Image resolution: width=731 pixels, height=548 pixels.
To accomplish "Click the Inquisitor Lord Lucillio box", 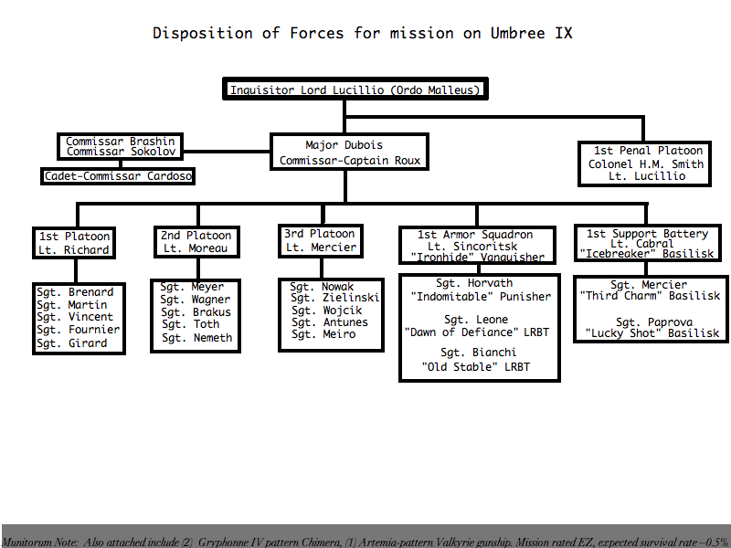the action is [355, 89].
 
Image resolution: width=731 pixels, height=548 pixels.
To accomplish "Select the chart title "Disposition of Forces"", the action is [248, 33].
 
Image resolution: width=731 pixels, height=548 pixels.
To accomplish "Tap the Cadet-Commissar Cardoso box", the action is [118, 176].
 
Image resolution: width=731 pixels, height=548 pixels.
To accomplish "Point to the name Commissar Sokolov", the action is [122, 152].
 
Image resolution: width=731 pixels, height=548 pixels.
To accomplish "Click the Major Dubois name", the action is [344, 145].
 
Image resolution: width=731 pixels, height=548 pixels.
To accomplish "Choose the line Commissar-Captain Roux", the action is [350, 161].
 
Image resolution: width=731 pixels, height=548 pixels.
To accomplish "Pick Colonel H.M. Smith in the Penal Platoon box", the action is [646, 164].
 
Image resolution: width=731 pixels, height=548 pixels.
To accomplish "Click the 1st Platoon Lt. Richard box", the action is [74, 243].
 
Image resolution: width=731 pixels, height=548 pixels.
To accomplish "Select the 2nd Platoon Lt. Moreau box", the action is [196, 242].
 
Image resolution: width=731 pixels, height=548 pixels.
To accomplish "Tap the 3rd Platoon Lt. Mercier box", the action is [321, 241].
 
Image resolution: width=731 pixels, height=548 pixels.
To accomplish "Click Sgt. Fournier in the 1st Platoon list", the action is [79, 330].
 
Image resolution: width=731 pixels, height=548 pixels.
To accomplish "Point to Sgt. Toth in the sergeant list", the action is [191, 324].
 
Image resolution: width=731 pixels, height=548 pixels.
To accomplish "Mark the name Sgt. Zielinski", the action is [335, 298].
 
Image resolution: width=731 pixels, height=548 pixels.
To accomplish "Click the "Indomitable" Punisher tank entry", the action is [481, 296].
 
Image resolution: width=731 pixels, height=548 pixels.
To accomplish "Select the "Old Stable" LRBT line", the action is [476, 367].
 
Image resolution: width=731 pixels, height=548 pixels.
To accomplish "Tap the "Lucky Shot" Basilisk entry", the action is [652, 333].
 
